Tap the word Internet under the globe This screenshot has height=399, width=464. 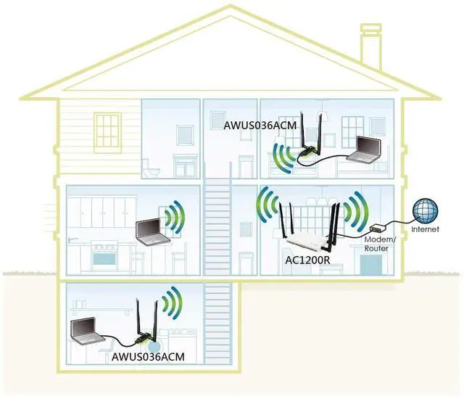426,230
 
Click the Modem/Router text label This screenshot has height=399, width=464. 377,244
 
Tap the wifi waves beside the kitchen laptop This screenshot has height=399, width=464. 172,217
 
